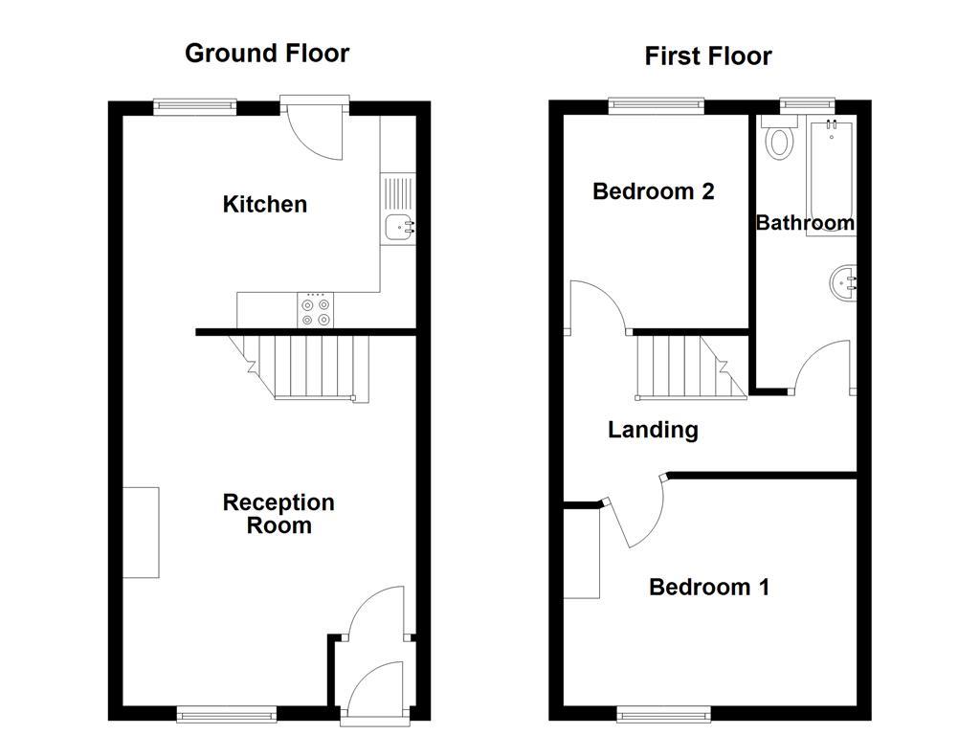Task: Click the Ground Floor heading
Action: point(267,53)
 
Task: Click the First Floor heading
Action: point(707,56)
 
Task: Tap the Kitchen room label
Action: point(265,204)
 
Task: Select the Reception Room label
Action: point(278,514)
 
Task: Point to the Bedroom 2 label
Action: point(654,191)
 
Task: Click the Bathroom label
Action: point(805,223)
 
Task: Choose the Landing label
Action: point(653,431)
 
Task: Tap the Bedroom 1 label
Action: point(709,587)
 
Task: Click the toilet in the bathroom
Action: point(780,142)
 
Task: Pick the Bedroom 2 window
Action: point(657,105)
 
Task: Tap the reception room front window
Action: point(227,713)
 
